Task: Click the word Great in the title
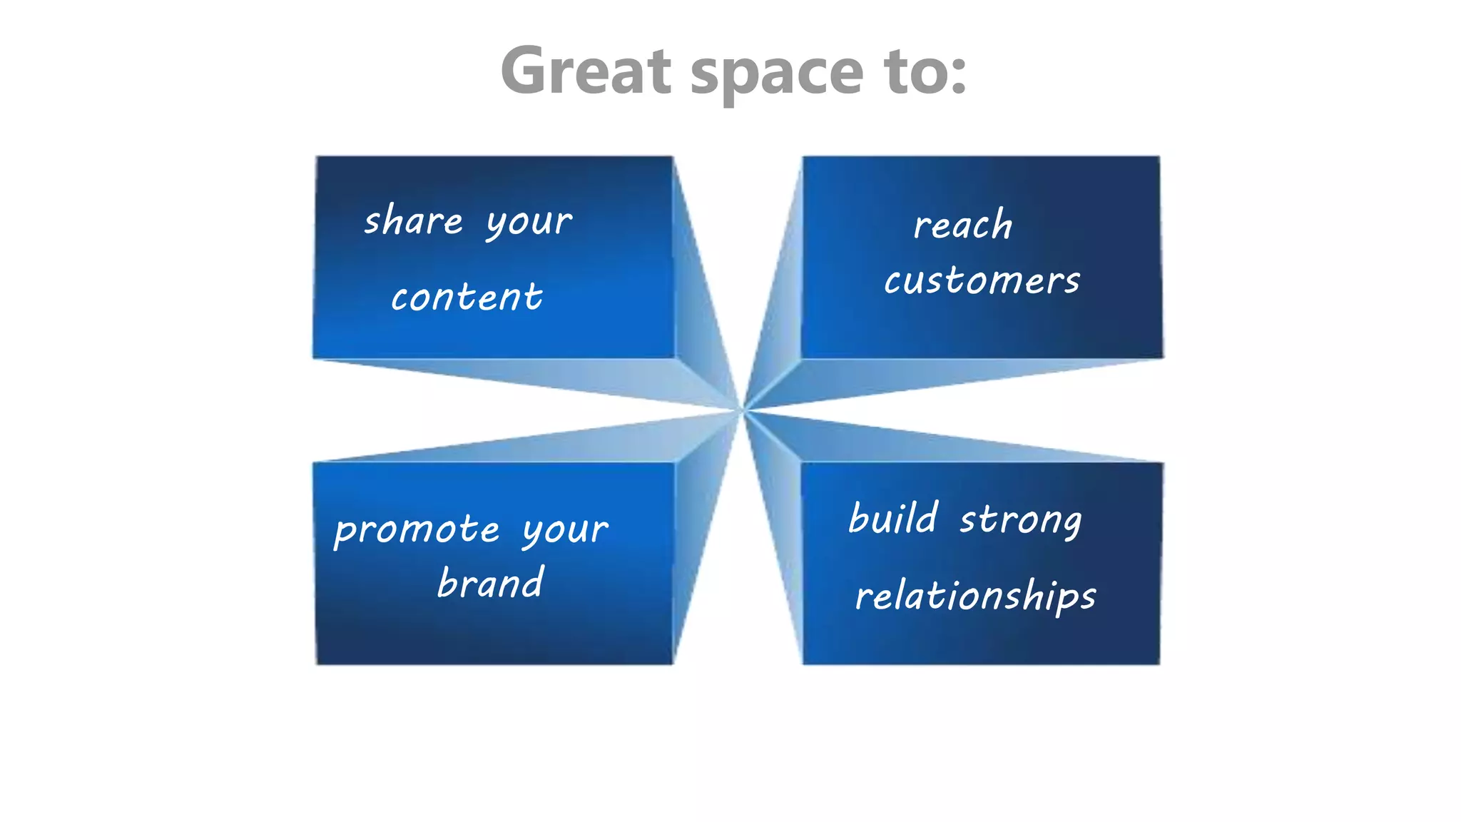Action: click(586, 71)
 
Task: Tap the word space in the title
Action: click(777, 73)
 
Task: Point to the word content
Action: click(467, 297)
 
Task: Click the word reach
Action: click(963, 225)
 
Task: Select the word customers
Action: click(982, 280)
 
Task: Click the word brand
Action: click(491, 583)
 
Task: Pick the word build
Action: click(893, 518)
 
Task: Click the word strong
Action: click(1021, 521)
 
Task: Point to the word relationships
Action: click(975, 597)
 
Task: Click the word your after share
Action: click(529, 223)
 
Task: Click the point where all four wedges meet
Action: click(742, 410)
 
